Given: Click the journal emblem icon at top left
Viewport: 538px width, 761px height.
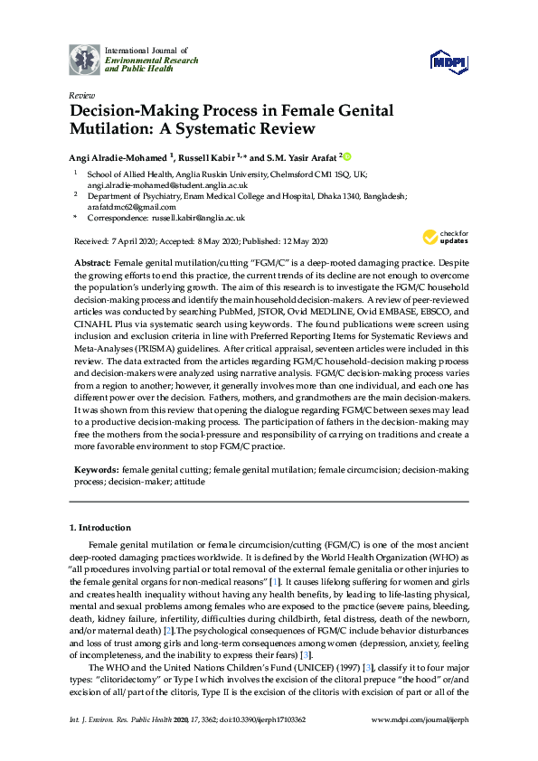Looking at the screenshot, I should pyautogui.click(x=85, y=60).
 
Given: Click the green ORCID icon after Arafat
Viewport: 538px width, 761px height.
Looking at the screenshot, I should pyautogui.click(x=346, y=155).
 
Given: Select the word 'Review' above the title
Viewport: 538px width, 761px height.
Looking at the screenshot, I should pyautogui.click(x=81, y=94).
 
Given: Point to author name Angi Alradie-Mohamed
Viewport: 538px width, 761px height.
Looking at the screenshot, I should pyautogui.click(x=122, y=156).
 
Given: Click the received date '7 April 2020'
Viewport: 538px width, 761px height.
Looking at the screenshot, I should pyautogui.click(x=131, y=240).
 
